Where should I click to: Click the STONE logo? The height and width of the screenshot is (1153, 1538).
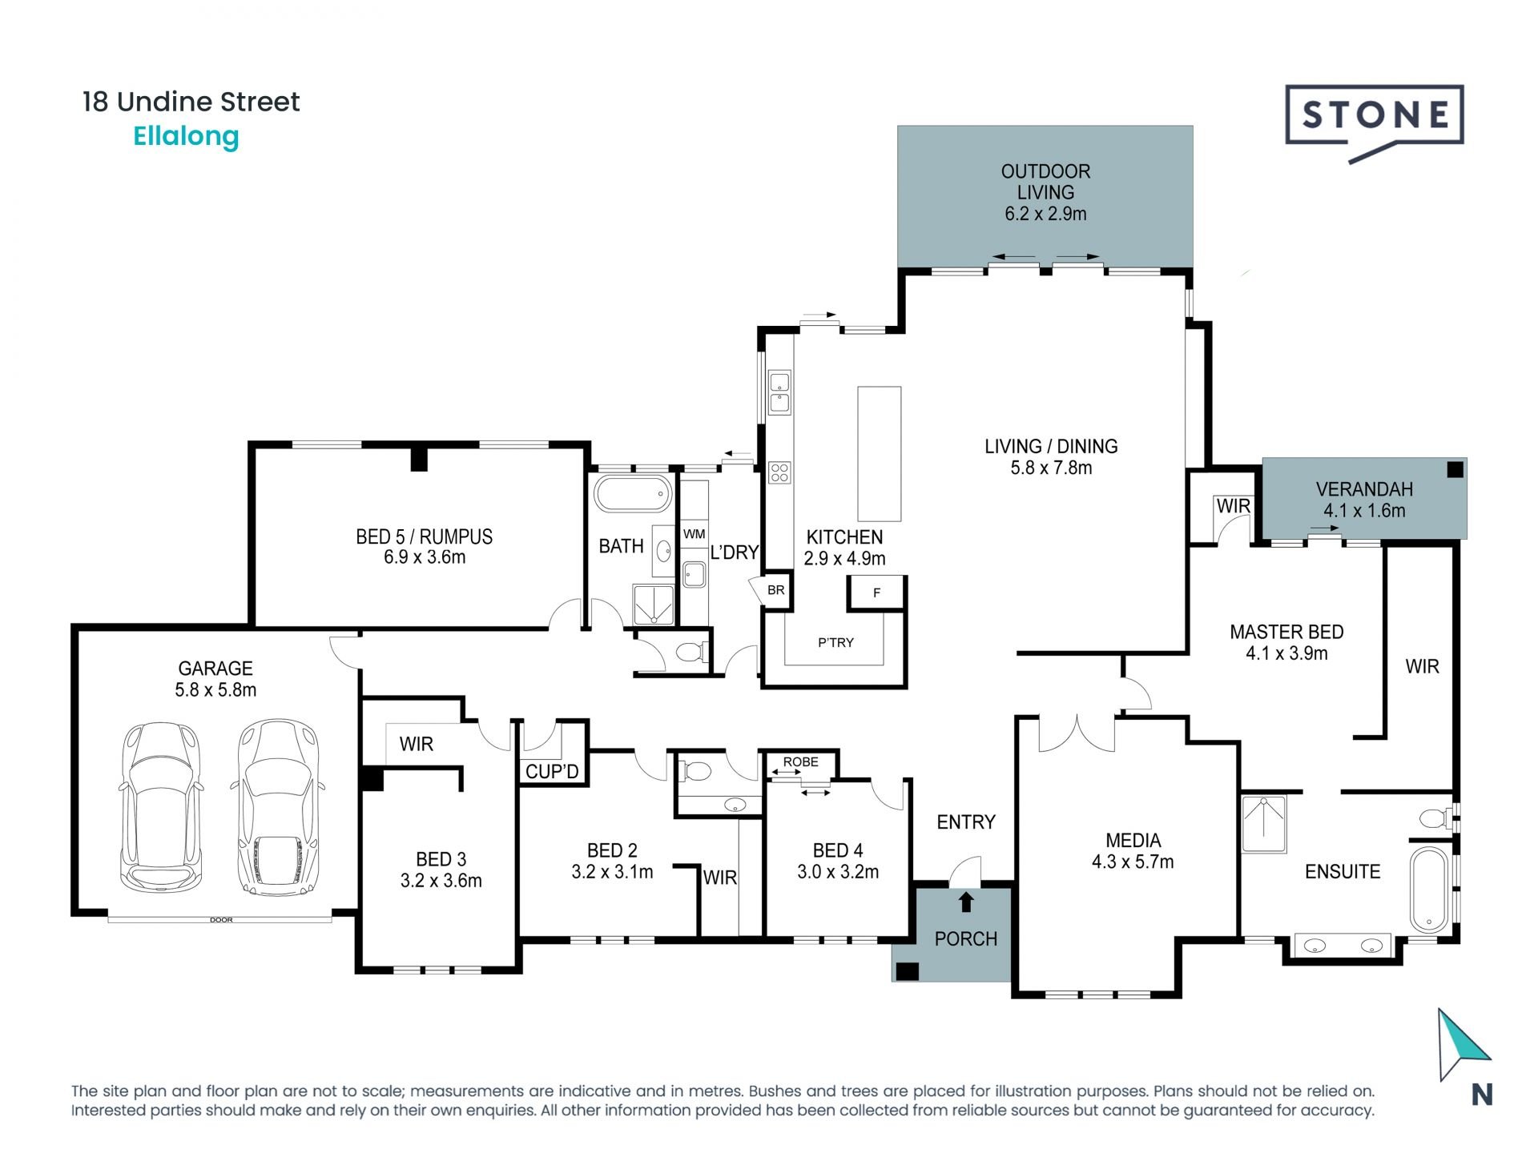click(1375, 116)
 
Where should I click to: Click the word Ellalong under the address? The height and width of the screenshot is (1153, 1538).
click(186, 136)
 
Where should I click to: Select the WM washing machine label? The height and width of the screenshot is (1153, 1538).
click(694, 534)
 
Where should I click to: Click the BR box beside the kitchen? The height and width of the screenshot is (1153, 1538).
click(775, 590)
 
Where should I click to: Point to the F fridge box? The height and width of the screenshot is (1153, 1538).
click(876, 593)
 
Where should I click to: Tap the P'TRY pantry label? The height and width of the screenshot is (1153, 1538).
click(835, 642)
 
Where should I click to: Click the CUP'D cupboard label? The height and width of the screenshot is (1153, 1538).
click(552, 772)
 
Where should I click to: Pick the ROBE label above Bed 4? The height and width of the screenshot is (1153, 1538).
click(800, 761)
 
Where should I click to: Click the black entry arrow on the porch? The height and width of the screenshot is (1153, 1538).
click(966, 902)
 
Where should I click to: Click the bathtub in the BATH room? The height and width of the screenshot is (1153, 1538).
click(633, 494)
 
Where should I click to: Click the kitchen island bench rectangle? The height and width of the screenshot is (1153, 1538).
click(879, 453)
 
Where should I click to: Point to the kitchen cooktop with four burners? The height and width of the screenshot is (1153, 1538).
click(779, 472)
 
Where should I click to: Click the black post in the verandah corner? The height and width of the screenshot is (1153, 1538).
click(1455, 470)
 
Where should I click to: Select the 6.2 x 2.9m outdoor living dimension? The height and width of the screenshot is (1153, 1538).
click(1045, 214)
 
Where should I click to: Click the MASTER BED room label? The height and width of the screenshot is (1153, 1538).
click(1286, 632)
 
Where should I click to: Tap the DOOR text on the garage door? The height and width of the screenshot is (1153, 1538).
click(221, 920)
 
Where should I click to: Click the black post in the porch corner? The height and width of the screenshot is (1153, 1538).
click(907, 971)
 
